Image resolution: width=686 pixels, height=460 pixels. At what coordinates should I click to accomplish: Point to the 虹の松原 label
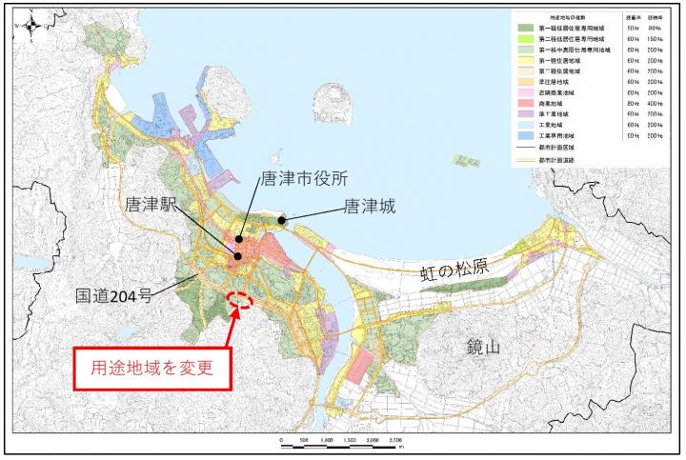coord(455,269)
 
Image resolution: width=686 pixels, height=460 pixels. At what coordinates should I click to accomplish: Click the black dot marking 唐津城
coord(283,221)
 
